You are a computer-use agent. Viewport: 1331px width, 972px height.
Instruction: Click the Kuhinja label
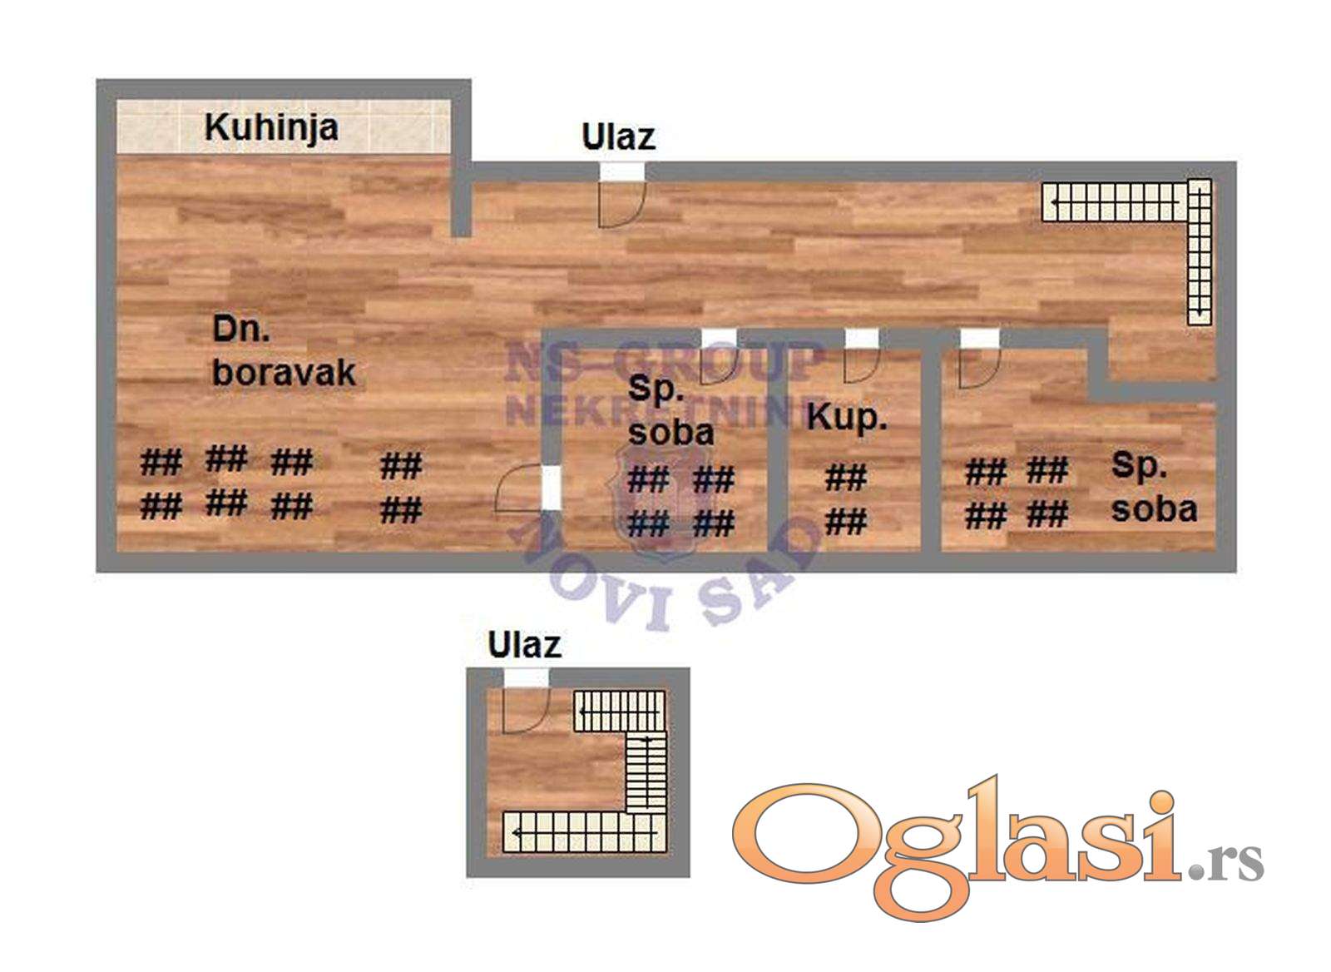click(x=270, y=127)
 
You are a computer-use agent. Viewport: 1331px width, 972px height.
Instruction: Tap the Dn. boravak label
click(x=283, y=351)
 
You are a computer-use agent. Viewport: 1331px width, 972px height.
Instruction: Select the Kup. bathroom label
click(x=846, y=416)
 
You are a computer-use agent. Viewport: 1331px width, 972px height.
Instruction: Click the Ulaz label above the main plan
click(x=618, y=136)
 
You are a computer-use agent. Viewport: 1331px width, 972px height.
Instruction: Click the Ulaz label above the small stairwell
click(x=524, y=645)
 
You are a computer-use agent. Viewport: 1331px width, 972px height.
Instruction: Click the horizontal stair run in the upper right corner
click(x=1115, y=201)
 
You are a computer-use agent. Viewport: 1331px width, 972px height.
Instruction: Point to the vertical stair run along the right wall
click(x=1199, y=258)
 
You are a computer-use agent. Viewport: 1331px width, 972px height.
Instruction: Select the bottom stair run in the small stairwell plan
click(x=582, y=831)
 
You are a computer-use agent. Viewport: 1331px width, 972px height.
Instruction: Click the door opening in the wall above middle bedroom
click(x=719, y=338)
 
